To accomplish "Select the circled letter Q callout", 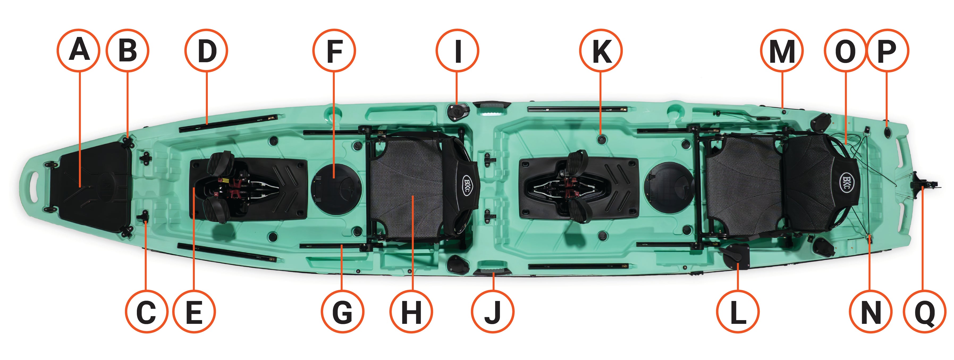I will tap(925, 312).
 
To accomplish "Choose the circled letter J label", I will tap(493, 312).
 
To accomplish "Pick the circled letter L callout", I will tap(738, 312).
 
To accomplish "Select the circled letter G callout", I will tap(342, 312).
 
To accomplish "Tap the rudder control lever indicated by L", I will tap(735, 256).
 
